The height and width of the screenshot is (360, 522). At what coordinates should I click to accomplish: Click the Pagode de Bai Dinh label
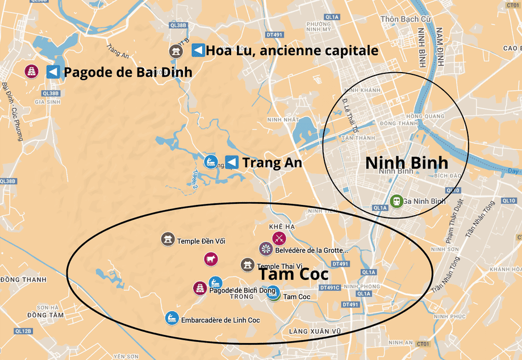pos(128,73)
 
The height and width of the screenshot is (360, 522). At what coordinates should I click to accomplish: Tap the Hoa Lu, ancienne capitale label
pos(292,51)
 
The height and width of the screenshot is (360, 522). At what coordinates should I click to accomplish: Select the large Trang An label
pos(272,163)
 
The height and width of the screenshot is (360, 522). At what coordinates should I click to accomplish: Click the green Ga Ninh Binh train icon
pos(396,200)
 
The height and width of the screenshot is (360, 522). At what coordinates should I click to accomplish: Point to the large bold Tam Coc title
pos(294,274)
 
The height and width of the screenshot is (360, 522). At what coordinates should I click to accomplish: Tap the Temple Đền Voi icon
pos(168,240)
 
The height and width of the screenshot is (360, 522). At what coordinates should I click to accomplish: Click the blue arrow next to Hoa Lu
pos(198,50)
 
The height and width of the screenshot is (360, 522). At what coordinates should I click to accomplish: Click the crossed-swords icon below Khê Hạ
pos(279,238)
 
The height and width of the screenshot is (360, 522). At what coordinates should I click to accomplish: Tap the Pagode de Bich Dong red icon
pos(200,288)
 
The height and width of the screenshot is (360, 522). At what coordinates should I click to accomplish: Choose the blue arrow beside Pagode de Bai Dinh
pos(53,72)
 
